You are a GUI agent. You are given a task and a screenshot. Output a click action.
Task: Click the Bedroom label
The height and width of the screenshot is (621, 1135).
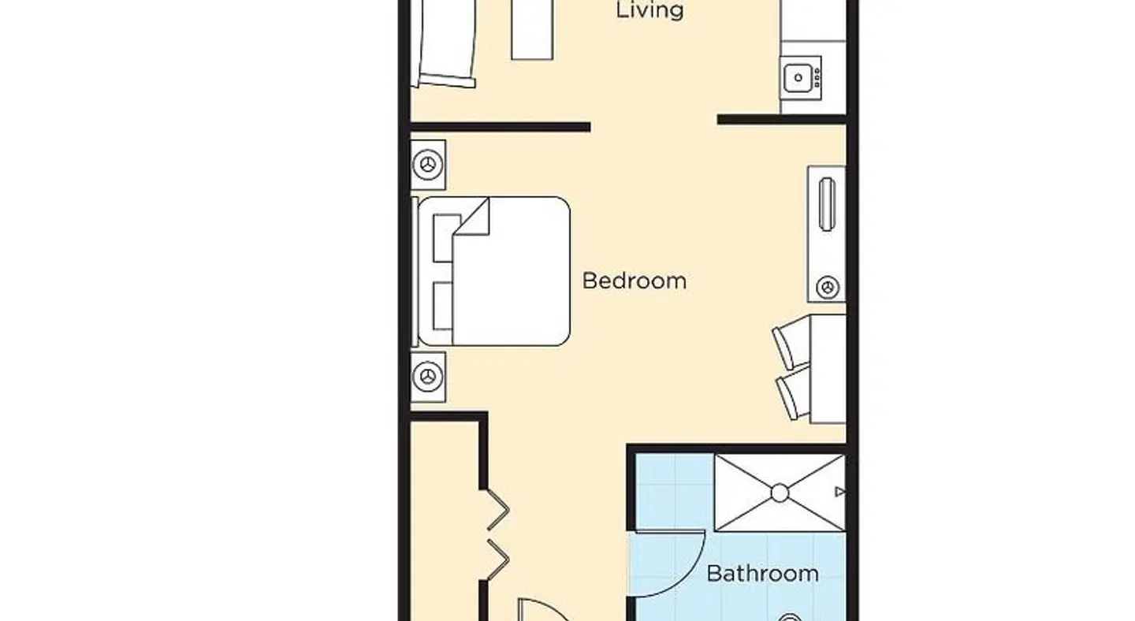[x=634, y=281]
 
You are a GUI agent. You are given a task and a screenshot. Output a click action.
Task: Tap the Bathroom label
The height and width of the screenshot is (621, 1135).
[x=763, y=574]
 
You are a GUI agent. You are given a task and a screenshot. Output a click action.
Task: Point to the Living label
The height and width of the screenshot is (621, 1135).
[x=649, y=9]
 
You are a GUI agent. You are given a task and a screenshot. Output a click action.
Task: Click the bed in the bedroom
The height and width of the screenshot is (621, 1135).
[x=494, y=272]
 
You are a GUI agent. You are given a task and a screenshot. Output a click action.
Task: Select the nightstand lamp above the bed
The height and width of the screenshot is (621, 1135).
[x=428, y=165]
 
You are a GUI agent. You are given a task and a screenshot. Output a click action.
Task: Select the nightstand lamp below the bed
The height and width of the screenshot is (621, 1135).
[x=428, y=377]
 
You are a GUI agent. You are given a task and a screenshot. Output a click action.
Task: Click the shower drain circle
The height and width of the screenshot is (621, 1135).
[x=780, y=493]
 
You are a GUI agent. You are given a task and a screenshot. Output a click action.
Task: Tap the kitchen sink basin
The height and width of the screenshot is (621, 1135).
[x=798, y=78]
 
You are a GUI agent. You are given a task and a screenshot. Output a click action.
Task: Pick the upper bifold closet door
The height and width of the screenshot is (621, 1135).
[x=497, y=510]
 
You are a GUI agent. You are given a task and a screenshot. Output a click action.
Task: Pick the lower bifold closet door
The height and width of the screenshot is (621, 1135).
[x=497, y=560]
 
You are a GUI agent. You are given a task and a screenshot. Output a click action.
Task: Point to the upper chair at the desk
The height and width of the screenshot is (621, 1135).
[x=791, y=341]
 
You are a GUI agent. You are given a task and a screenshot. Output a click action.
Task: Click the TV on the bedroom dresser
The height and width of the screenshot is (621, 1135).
[x=827, y=204]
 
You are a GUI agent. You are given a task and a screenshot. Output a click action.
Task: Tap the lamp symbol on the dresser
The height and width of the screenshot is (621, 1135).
[x=828, y=288]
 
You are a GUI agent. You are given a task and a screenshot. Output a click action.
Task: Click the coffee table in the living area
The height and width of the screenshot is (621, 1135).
[x=531, y=29]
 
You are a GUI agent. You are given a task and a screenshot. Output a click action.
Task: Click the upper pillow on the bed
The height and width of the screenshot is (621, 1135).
[x=446, y=238]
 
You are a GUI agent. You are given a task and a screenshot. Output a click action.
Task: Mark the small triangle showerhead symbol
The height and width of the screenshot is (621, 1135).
[x=840, y=491]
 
